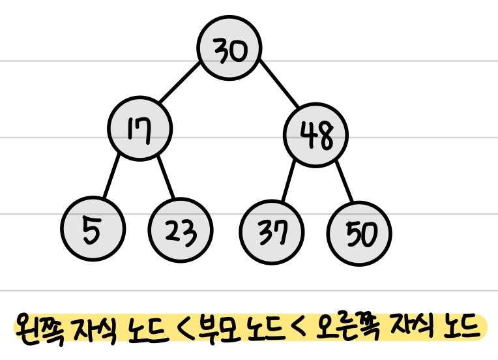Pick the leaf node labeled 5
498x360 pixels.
pos(93,228)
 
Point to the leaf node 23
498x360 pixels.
pos(181,230)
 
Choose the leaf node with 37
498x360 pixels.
pos(272,231)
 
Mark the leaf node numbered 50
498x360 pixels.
pos(360,233)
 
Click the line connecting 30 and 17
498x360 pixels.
pos(180,83)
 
